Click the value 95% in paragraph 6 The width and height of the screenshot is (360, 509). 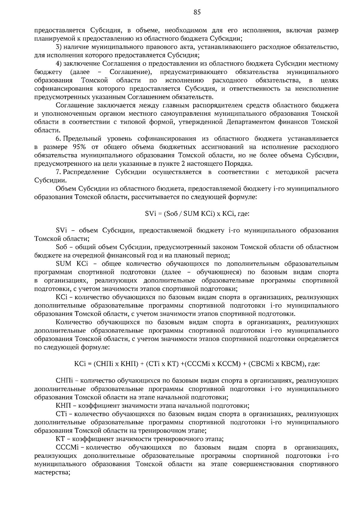tap(79, 147)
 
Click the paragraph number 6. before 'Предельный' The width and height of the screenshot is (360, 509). tap(58, 139)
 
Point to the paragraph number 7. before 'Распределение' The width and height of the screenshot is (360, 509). tap(58, 172)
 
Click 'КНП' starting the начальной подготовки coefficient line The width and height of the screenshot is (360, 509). tap(63, 406)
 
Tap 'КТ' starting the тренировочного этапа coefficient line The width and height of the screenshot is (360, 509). tap(60, 439)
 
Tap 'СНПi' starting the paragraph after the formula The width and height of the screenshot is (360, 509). tap(64, 381)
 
